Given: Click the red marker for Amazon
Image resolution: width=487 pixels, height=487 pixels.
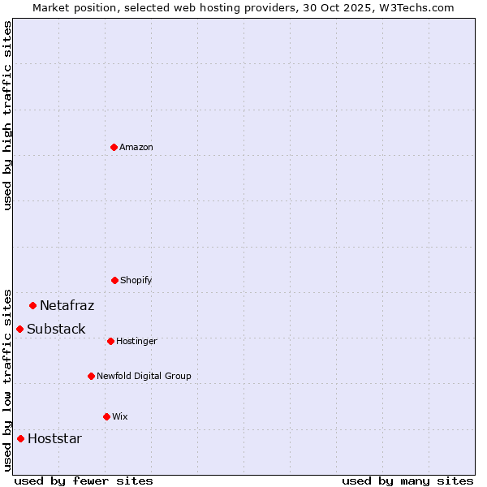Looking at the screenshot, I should point(114,147).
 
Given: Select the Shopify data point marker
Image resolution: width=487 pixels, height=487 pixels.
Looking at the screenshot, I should point(114,280).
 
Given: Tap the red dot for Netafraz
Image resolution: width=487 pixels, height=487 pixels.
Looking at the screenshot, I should point(32,305).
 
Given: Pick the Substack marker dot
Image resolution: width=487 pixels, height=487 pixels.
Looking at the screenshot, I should point(19,329).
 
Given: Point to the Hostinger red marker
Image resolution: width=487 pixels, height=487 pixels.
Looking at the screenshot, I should point(110,341).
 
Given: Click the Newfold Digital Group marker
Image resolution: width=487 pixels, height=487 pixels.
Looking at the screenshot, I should point(91,376).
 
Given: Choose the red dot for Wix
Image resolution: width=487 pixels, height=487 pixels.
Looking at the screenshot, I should point(106,416).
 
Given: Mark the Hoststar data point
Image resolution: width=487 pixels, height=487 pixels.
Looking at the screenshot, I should point(20,438).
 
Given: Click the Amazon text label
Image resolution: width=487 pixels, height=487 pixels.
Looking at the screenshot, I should point(136,148).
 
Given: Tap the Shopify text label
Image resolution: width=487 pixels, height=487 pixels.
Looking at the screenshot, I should point(136,281).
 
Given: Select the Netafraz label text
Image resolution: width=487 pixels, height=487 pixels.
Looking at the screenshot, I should point(67,306).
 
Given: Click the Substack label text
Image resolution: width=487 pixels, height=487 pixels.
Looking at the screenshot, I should point(56,330).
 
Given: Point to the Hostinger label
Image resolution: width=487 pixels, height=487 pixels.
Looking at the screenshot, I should point(136,342).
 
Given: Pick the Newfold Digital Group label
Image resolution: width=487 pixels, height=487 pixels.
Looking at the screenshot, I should point(144,377).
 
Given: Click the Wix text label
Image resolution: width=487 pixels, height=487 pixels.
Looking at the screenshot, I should point(120,417).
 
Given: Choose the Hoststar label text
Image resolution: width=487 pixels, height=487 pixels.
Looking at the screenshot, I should point(54,439).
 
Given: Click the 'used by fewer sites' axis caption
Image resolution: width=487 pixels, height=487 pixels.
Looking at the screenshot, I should point(84,481).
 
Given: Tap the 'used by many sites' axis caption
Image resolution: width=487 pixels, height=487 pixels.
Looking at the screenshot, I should point(407,481).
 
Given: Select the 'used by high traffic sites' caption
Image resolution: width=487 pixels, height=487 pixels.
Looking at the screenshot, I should point(8,115).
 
